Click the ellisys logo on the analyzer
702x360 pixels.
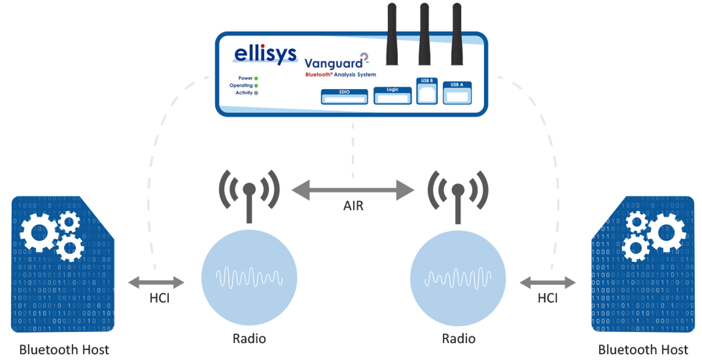(265, 54)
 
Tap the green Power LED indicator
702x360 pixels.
(256, 78)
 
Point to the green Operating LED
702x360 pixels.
(256, 85)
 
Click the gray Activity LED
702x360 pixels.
(256, 93)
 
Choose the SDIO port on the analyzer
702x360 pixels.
(344, 97)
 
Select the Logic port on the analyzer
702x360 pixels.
(392, 96)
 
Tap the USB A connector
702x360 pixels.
(457, 93)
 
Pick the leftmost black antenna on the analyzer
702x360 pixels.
(392, 33)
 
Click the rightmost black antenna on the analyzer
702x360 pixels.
(457, 33)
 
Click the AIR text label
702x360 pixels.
(353, 207)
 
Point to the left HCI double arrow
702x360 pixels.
(156, 282)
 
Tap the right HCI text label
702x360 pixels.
(547, 298)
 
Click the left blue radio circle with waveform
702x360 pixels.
(249, 277)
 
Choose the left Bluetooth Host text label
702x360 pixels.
(64, 350)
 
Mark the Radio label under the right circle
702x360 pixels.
(459, 339)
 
